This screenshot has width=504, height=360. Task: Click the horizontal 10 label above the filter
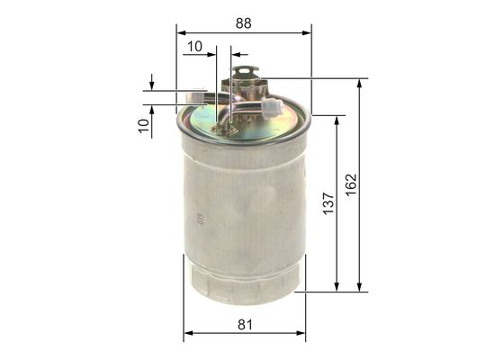pyautogui.click(x=194, y=46)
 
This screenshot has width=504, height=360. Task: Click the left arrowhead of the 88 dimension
pyautogui.click(x=179, y=33)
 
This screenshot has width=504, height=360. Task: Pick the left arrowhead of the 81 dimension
pyautogui.click(x=187, y=336)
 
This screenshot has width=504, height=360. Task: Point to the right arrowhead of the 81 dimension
pyautogui.click(x=301, y=336)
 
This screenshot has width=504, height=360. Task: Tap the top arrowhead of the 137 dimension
pyautogui.click(x=337, y=120)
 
